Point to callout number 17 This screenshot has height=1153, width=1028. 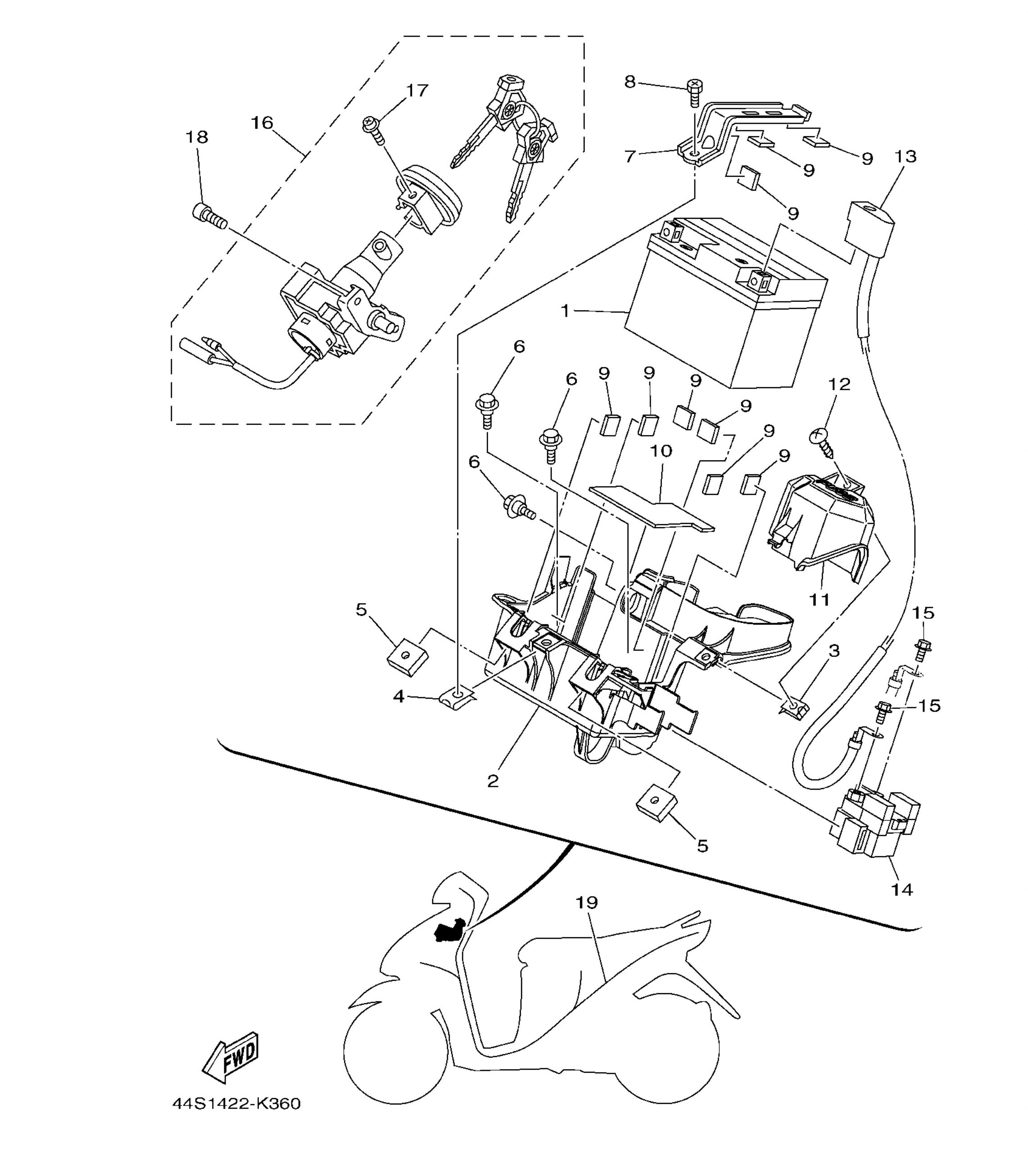[418, 91]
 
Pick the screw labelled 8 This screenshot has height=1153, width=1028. [694, 93]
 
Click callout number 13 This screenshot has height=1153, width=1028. [906, 156]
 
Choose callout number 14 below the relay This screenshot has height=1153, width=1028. [901, 890]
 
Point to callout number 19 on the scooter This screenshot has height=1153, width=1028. [587, 902]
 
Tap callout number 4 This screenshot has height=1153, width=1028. [399, 697]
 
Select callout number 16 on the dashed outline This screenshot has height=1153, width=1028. [262, 123]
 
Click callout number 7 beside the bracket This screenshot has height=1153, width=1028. [630, 156]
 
